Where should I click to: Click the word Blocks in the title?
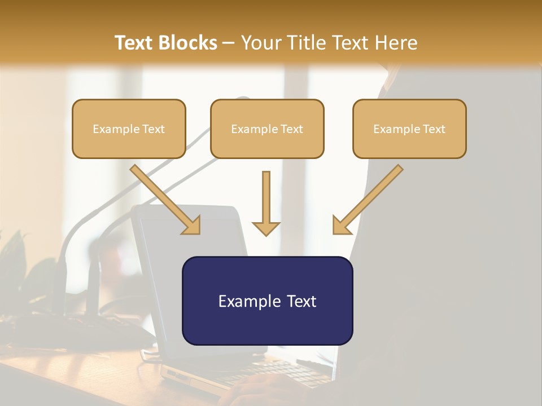point(187,43)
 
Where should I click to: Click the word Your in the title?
point(262,43)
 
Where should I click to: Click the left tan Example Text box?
point(129,129)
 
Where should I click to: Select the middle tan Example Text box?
point(267,129)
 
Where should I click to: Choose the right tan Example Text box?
point(410,129)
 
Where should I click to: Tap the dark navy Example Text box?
point(268,301)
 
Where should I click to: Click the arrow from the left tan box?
point(165,199)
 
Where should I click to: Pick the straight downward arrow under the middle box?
point(266,204)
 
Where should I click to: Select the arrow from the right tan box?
point(368,199)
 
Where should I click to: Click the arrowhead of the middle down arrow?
point(266,229)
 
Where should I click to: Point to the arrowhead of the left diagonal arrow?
point(192,226)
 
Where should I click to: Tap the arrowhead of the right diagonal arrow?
point(341,226)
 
